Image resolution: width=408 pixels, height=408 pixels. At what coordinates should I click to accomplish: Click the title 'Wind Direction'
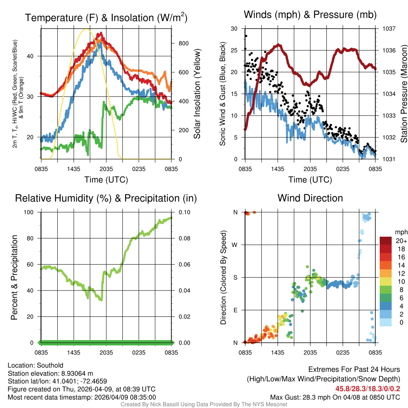click(310, 198)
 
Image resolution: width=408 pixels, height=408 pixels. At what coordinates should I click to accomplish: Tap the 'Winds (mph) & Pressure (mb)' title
click(310, 15)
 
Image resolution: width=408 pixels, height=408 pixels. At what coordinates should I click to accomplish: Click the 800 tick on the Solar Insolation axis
click(180, 43)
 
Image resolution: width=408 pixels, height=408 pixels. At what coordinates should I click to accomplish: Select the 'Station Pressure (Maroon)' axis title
click(403, 94)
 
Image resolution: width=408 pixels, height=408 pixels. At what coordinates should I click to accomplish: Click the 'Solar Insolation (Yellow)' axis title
click(197, 94)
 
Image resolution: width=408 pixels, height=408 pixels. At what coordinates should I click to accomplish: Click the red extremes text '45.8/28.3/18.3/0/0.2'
click(367, 389)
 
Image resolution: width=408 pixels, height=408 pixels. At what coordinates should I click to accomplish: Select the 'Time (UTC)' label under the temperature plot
click(106, 180)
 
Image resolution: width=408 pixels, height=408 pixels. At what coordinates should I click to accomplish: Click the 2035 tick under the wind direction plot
click(310, 352)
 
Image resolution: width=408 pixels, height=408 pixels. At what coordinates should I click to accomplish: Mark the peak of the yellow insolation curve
click(86, 29)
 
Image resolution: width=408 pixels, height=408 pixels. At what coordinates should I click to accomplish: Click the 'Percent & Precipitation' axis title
click(14, 277)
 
